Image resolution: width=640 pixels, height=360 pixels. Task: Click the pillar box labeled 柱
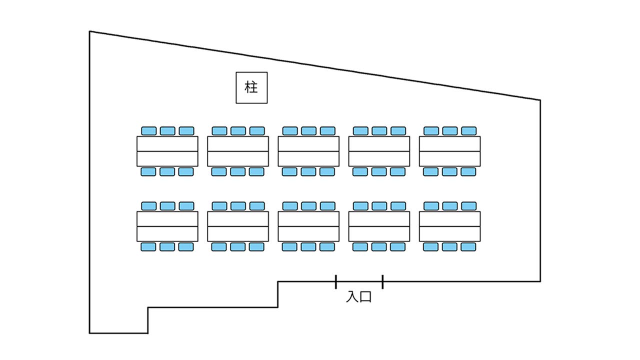[x=251, y=87]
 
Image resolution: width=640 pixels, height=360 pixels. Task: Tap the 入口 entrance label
[x=359, y=297]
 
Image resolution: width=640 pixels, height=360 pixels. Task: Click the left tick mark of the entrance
[x=336, y=282]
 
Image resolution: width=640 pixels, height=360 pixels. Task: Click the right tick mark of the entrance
[x=382, y=282]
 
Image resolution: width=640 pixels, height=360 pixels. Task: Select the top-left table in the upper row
[x=167, y=151]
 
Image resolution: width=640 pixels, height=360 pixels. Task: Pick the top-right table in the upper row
[x=449, y=151]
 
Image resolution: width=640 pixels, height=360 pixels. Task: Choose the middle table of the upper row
[x=308, y=151]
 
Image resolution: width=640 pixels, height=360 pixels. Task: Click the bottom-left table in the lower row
[x=167, y=226]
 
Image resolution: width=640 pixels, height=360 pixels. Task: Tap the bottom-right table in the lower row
[x=449, y=226]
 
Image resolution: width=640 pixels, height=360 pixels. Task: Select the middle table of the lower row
[x=308, y=226]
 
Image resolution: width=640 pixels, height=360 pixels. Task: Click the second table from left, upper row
[x=238, y=151]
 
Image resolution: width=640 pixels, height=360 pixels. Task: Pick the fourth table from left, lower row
[x=379, y=226]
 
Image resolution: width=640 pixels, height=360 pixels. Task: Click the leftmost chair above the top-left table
[x=148, y=131]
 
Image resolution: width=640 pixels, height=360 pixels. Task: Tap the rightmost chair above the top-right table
[x=468, y=131]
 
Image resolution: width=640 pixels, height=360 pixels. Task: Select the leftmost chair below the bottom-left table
[x=148, y=246]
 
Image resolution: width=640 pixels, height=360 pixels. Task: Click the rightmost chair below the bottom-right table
[x=468, y=246]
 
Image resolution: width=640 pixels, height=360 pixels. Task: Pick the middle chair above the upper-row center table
[x=308, y=131]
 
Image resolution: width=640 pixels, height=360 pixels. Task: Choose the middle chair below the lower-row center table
[x=308, y=246]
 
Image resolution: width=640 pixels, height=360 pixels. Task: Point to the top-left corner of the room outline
[x=90, y=31]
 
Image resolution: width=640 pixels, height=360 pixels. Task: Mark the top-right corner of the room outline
[x=540, y=100]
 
